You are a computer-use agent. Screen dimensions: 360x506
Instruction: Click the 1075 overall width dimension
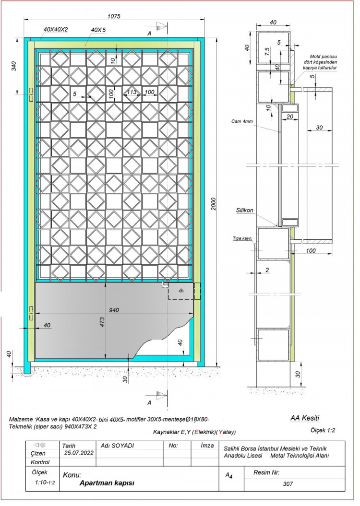point(114,16)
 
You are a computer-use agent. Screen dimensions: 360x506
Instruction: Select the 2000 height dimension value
point(213,204)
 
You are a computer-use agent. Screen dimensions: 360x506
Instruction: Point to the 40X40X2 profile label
point(56,29)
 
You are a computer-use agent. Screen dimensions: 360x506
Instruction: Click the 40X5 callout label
point(98,30)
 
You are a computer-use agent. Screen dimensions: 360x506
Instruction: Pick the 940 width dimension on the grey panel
point(114,310)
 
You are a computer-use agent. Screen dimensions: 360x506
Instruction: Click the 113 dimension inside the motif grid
point(132,92)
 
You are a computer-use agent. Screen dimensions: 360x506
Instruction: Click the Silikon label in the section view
point(244,211)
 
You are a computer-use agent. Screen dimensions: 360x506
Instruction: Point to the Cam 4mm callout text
point(242,122)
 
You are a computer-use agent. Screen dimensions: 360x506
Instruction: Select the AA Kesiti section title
point(304,418)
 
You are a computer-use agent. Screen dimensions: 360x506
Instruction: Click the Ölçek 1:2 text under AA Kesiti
point(323,430)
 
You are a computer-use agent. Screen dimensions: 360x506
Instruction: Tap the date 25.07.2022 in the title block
point(78,453)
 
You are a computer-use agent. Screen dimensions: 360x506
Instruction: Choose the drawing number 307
point(288,484)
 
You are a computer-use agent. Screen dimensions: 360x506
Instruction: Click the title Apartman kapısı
point(107,483)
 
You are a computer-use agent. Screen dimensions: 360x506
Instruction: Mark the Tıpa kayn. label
point(242,238)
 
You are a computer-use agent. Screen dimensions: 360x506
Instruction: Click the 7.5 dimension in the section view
point(267,52)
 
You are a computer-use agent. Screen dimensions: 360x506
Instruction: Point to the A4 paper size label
point(229,476)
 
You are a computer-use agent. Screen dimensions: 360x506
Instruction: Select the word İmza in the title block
point(207,446)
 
